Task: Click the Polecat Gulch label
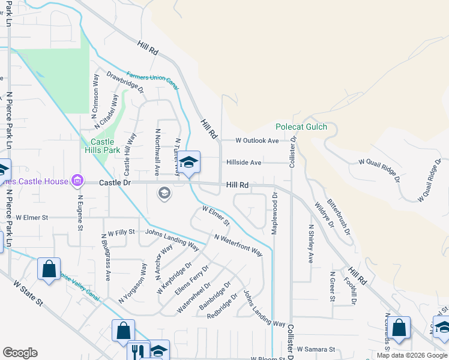tap(301, 127)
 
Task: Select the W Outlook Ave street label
tap(257, 140)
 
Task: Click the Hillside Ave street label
tap(244, 163)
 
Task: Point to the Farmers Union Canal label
tap(152, 82)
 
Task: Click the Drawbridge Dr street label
tap(125, 82)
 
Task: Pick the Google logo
tap(20, 353)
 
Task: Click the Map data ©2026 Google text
tap(412, 355)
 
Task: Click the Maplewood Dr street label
tap(274, 214)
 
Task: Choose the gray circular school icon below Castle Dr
tap(163, 193)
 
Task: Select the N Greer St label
tap(331, 287)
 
